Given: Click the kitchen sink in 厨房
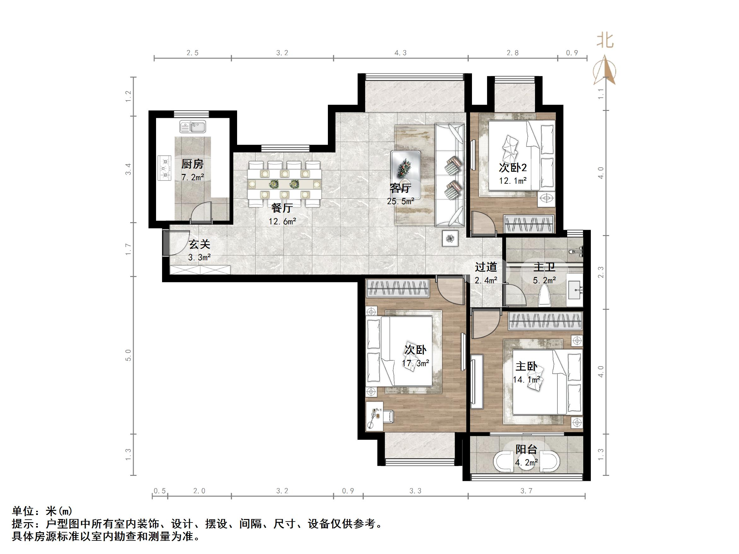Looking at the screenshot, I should tap(193, 127).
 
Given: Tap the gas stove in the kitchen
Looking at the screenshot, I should tap(164, 168).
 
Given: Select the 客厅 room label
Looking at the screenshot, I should tap(400, 188).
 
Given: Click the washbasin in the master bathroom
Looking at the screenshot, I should tap(575, 289).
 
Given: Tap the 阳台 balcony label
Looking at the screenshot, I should tap(526, 449).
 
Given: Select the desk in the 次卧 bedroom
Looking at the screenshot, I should tap(375, 416).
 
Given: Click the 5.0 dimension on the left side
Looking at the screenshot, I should tap(128, 355).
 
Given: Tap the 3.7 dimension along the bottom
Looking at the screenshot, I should tap(526, 491).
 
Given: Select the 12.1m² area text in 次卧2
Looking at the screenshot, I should tap(513, 181).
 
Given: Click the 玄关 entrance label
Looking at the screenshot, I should tap(200, 245).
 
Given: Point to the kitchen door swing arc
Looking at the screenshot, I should tap(201, 212).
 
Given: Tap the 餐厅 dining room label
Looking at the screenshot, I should tap(282, 208).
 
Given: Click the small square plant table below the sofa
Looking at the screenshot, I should tap(450, 239).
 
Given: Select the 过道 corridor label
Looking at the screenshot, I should tap(486, 267).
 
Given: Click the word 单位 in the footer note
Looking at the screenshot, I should tap(23, 511).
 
